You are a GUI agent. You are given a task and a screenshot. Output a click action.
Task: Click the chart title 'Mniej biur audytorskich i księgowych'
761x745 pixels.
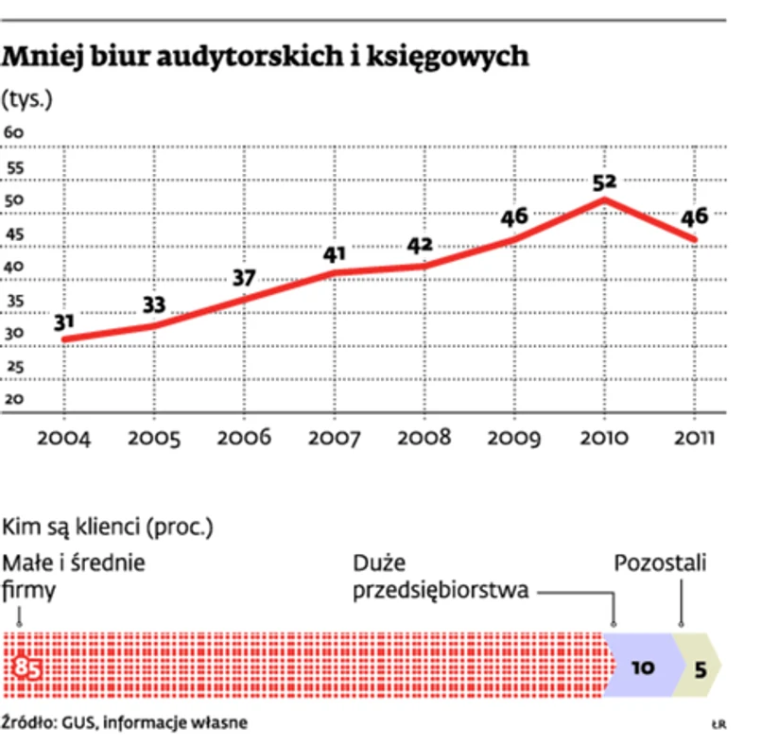pyautogui.click(x=266, y=58)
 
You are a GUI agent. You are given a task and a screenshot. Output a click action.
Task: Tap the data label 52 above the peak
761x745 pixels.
pyautogui.click(x=605, y=182)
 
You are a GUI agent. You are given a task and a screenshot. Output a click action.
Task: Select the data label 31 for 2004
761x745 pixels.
pyautogui.click(x=64, y=322)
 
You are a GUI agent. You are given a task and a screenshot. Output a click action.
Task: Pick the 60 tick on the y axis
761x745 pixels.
pyautogui.click(x=14, y=133)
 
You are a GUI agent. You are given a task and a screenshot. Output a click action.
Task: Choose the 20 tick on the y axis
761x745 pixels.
pyautogui.click(x=14, y=399)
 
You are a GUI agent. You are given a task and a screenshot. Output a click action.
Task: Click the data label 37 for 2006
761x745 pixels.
pyautogui.click(x=244, y=278)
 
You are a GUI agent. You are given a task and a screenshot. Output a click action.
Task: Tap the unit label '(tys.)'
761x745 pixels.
pyautogui.click(x=27, y=98)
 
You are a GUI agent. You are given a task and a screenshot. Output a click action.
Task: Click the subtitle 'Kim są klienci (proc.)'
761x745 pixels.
pyautogui.click(x=110, y=526)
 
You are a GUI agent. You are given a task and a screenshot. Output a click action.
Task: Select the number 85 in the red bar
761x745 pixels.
pyautogui.click(x=28, y=668)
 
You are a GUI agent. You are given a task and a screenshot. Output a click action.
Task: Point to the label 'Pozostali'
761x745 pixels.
pyautogui.click(x=661, y=564)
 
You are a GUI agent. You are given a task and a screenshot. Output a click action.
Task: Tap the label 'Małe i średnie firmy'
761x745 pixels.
pyautogui.click(x=74, y=577)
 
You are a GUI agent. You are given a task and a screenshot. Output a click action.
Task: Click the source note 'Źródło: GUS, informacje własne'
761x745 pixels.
pyautogui.click(x=125, y=722)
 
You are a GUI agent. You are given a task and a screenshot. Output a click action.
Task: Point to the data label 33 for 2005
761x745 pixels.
pyautogui.click(x=154, y=304)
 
